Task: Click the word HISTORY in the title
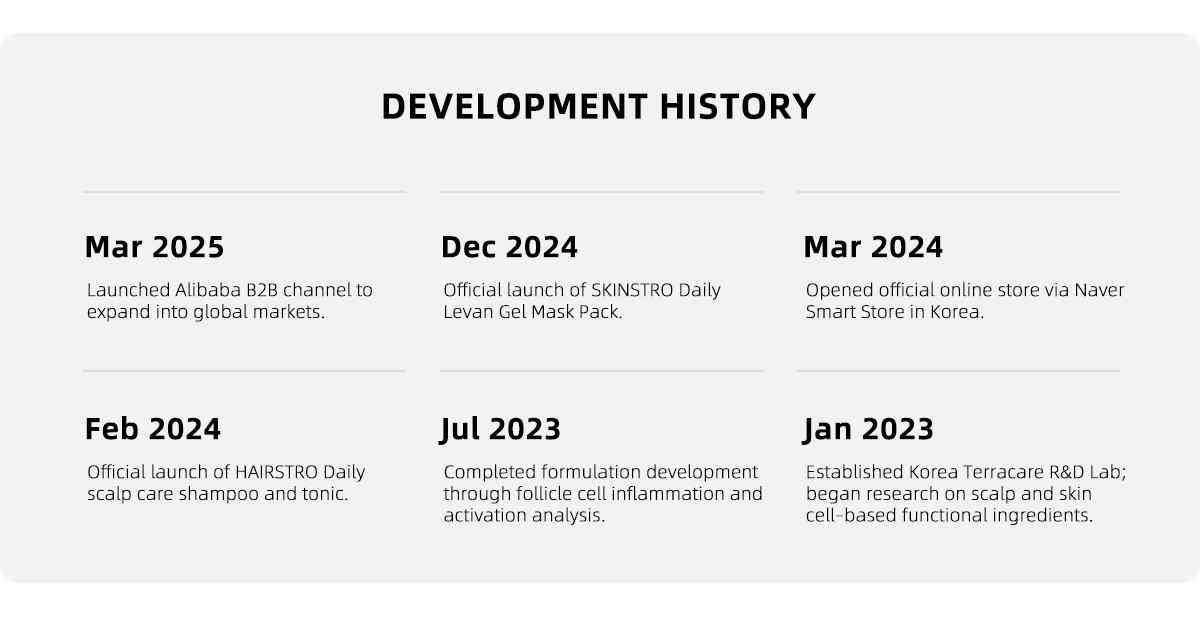[x=738, y=106]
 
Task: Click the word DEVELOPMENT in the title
[x=515, y=106]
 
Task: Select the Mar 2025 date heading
[x=154, y=247]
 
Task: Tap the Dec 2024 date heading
[x=509, y=247]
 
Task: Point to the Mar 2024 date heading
[x=873, y=247]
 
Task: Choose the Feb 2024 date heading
[x=153, y=429]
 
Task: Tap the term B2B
[x=262, y=290]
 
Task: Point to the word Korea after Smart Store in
[x=957, y=311]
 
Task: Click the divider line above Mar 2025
[x=244, y=191]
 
